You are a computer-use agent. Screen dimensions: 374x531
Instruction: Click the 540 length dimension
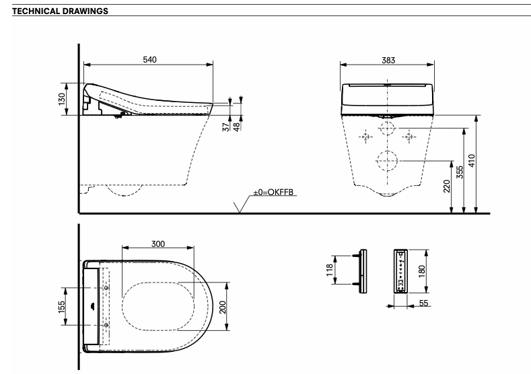click(x=149, y=60)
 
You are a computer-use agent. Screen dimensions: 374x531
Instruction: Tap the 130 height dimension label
click(x=61, y=99)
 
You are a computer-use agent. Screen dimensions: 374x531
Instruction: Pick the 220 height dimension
click(x=447, y=186)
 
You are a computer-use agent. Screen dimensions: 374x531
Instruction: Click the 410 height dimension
click(x=472, y=161)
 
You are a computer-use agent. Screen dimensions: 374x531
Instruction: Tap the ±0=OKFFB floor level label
click(x=273, y=192)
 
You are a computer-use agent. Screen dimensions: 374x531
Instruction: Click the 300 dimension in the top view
click(x=157, y=244)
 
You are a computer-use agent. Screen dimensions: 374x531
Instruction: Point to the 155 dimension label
click(x=61, y=307)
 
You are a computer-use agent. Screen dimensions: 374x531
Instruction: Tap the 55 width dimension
click(x=424, y=304)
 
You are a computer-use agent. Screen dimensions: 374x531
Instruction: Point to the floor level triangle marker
click(x=240, y=207)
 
